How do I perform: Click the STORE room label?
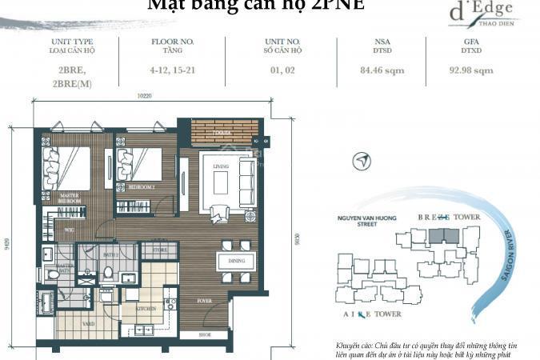[x=160, y=250]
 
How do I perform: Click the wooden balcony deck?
[x=225, y=131]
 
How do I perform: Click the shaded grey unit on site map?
[x=441, y=237]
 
